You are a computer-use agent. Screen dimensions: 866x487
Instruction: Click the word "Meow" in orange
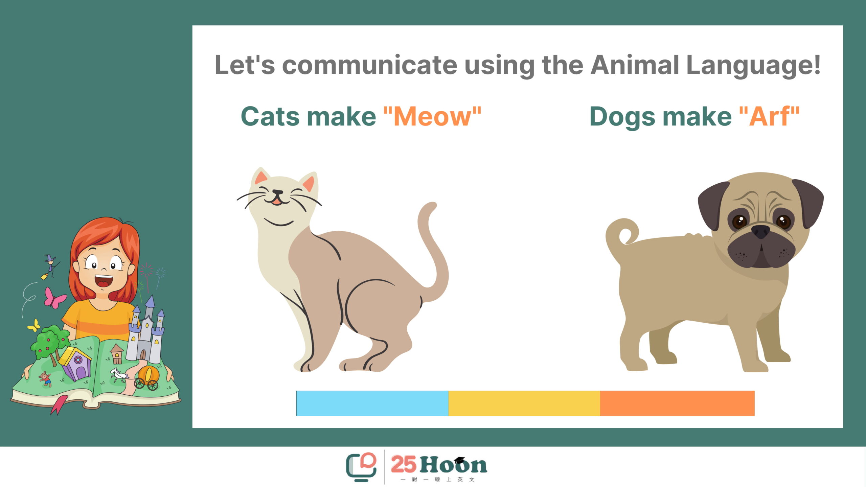(x=432, y=116)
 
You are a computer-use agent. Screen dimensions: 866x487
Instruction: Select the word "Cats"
(x=270, y=116)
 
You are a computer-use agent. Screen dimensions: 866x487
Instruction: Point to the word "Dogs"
(x=622, y=117)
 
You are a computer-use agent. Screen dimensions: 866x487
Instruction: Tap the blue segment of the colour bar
(x=372, y=403)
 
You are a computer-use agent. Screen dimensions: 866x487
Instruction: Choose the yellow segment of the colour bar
(x=524, y=403)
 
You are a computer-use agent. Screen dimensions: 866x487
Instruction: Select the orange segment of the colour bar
(x=677, y=403)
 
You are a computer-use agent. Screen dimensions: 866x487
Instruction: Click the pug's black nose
(x=760, y=232)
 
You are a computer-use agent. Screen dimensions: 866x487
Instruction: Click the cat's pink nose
(x=277, y=192)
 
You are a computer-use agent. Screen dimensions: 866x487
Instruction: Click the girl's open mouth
(x=104, y=281)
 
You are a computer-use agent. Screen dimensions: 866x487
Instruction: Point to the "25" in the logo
(x=404, y=464)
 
